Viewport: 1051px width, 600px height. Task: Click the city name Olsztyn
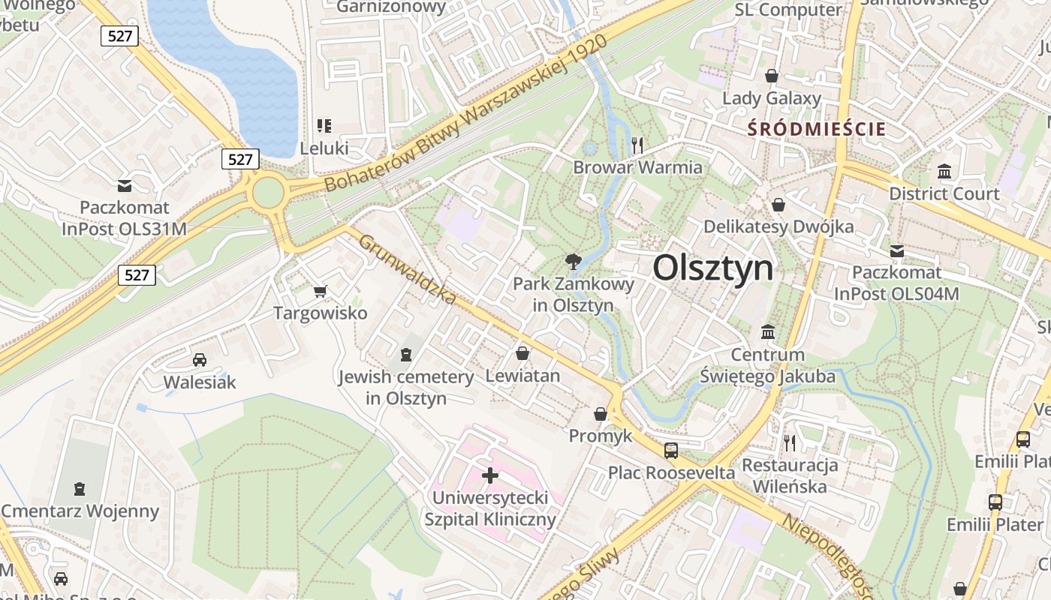[x=712, y=268]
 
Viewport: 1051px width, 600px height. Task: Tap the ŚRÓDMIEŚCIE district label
[x=817, y=129]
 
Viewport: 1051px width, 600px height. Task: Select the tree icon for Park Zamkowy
[x=574, y=262]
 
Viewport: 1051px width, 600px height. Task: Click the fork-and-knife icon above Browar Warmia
[x=637, y=145]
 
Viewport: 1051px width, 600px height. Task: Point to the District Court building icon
[x=944, y=172]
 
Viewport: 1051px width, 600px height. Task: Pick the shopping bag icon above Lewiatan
[x=522, y=352]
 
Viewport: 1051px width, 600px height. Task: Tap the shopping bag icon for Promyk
[x=601, y=413]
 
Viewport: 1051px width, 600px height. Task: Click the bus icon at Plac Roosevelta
[x=671, y=450]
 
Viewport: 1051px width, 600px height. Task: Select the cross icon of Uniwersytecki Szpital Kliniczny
[x=490, y=475]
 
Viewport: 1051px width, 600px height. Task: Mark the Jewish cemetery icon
[x=406, y=354]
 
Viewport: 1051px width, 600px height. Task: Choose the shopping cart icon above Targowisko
[x=321, y=291]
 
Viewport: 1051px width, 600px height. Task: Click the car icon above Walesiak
[x=200, y=360]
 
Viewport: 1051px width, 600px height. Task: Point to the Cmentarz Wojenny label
[x=80, y=511]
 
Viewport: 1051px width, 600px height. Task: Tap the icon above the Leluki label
[x=324, y=126]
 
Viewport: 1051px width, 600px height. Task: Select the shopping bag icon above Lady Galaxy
[x=771, y=76]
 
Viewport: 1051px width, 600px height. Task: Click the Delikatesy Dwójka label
[x=778, y=226]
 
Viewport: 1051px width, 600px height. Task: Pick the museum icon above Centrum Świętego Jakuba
[x=768, y=331]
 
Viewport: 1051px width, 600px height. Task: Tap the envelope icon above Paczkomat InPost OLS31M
[x=125, y=185]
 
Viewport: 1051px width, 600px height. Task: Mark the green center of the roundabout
[x=268, y=193]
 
